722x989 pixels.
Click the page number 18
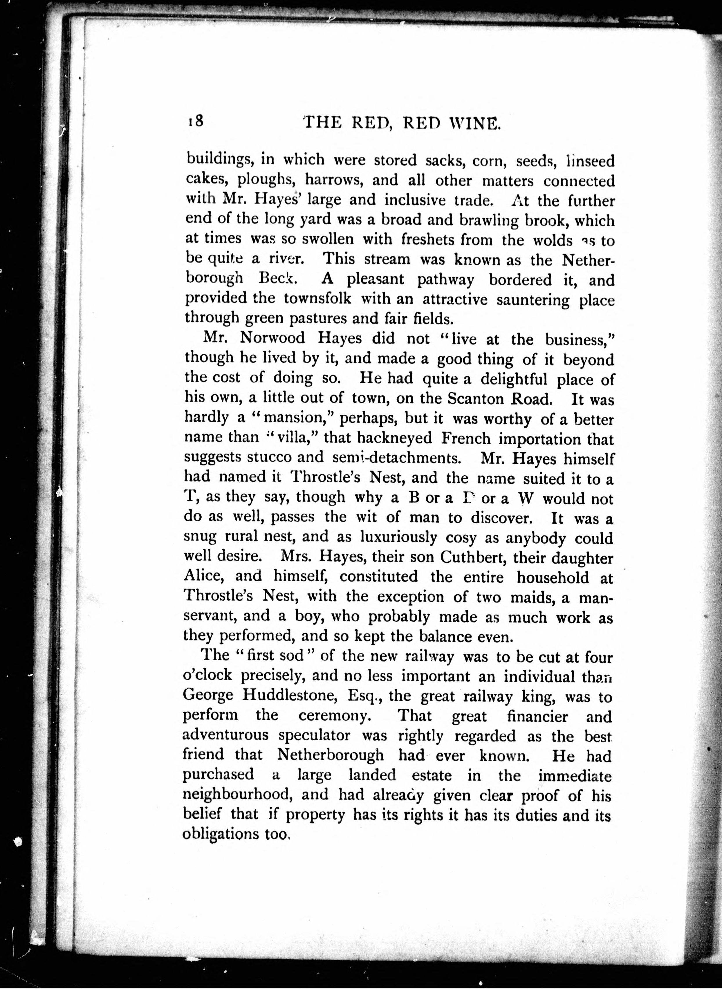coord(195,121)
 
